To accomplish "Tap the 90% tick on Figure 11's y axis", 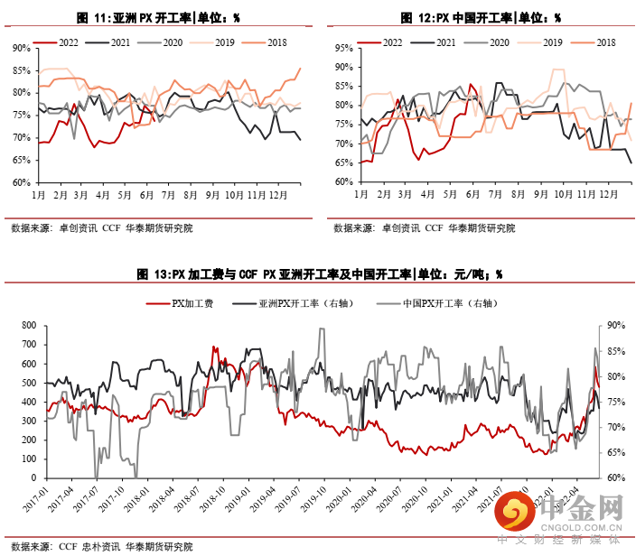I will [x=21, y=47].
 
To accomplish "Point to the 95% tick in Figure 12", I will [x=343, y=47].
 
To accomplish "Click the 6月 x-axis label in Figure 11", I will [x=146, y=194].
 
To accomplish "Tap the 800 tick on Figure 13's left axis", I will [x=27, y=325].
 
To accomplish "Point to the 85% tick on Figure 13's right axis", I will [x=616, y=351].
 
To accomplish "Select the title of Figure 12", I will [x=480, y=17].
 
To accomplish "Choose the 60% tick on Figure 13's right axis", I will [x=616, y=477].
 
